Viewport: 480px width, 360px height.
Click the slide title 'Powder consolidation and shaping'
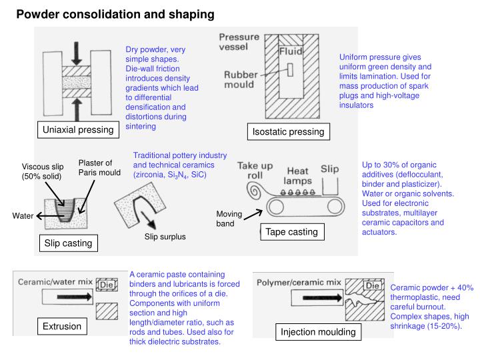click(x=115, y=13)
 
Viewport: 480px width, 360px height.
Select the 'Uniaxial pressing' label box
click(x=78, y=129)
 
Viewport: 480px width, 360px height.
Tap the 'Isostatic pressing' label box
click(x=288, y=132)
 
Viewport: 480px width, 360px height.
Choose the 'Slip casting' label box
click(x=68, y=243)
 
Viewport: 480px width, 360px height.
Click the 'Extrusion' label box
click(x=62, y=326)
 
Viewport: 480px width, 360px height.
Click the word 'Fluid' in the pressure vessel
click(x=291, y=51)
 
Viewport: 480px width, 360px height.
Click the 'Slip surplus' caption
click(x=165, y=237)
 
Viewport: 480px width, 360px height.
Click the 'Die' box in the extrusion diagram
click(x=107, y=284)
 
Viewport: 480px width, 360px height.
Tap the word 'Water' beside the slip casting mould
click(x=23, y=215)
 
